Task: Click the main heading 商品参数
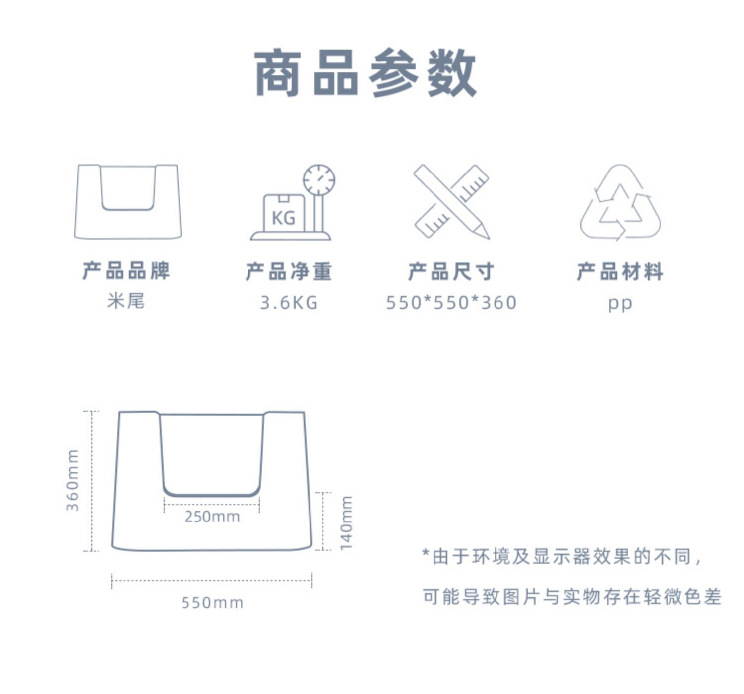click(366, 73)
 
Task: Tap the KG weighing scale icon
click(292, 203)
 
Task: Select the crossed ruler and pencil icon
click(451, 202)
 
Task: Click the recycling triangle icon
click(620, 203)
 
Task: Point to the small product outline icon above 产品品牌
click(127, 201)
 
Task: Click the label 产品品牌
click(126, 271)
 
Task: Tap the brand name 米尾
click(126, 301)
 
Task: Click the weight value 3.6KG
click(289, 302)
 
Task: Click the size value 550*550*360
click(451, 302)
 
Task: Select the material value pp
click(620, 303)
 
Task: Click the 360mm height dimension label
click(73, 480)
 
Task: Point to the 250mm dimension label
click(212, 517)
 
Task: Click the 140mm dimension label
click(346, 522)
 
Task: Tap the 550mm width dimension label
click(212, 603)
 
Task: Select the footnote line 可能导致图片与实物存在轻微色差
click(571, 597)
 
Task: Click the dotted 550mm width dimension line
click(212, 580)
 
